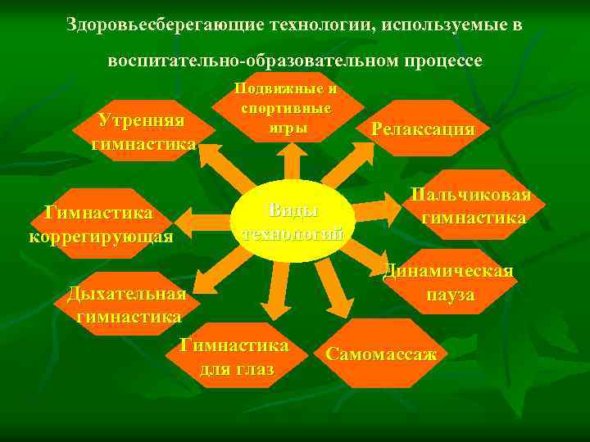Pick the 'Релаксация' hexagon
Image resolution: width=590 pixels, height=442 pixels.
click(x=422, y=129)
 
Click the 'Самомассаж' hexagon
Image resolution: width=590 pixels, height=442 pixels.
click(x=380, y=354)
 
